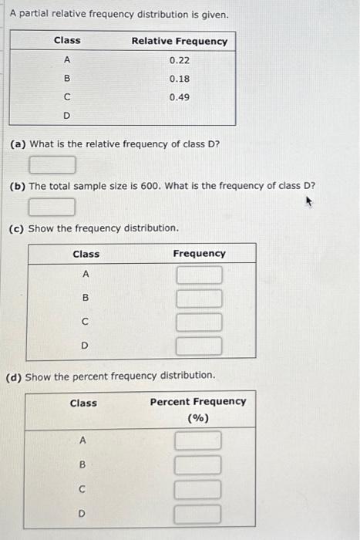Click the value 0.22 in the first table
pos(179,59)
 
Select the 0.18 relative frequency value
pos(179,79)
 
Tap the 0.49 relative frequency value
pos(179,97)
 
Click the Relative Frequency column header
pos(179,41)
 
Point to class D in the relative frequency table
pos(66,116)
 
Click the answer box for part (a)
pos(52,164)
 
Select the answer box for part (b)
pos(52,207)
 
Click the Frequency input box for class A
pos(199,275)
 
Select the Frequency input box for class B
pos(199,298)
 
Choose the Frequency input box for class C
pos(199,321)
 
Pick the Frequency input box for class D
pos(199,345)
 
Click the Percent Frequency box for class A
pos(197,441)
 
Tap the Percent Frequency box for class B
pos(197,465)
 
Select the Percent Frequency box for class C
pos(197,489)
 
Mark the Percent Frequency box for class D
pos(197,513)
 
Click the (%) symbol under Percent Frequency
pos(198,418)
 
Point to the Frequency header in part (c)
pos(199,254)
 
